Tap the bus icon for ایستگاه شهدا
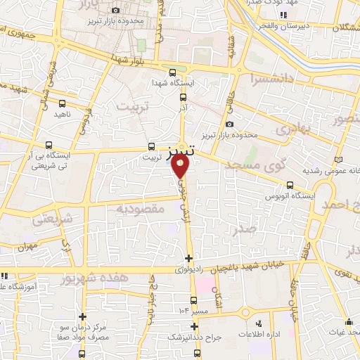(173, 72)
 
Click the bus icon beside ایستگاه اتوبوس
(289, 186)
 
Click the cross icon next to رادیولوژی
(188, 258)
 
